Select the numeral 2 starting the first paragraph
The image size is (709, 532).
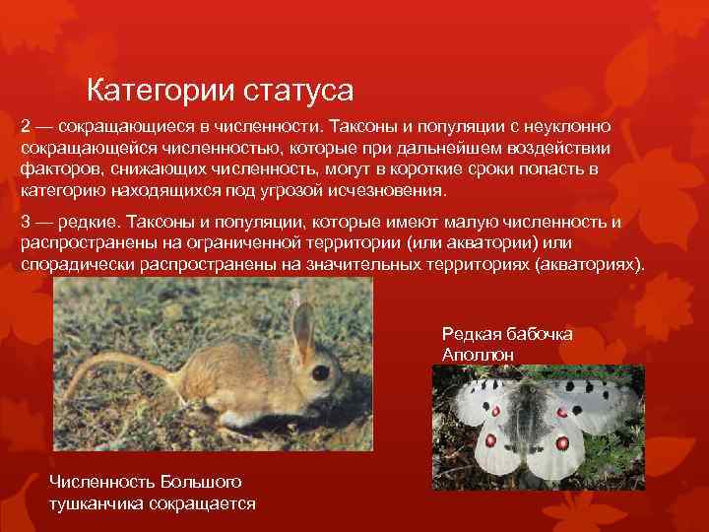pos(26,127)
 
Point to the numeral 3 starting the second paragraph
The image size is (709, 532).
pos(26,222)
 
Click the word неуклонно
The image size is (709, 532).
pos(568,127)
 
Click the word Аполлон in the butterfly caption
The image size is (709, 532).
pos(479,353)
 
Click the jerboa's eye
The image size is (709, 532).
pos(320,372)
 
